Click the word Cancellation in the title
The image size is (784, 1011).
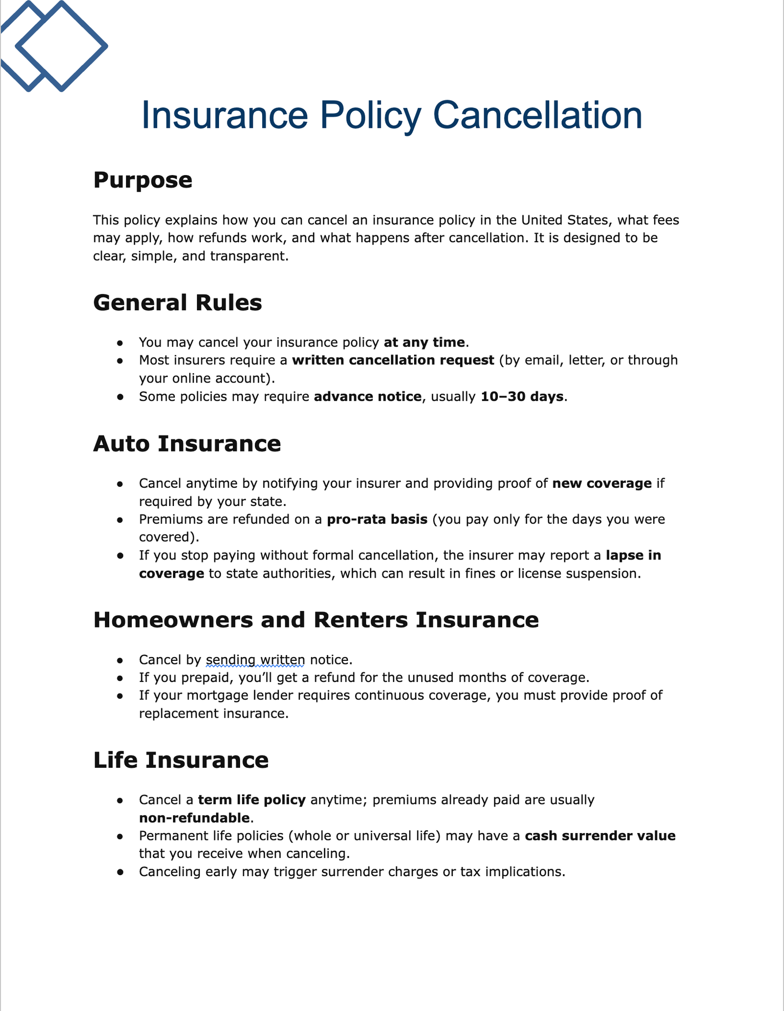coord(538,116)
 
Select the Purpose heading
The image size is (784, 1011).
coord(143,180)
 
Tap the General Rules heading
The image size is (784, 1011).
coord(177,303)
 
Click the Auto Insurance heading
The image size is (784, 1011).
coord(187,444)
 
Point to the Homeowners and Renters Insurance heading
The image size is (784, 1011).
coord(316,620)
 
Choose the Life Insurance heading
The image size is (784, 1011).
coord(181,760)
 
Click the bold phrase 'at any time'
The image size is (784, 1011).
coord(424,342)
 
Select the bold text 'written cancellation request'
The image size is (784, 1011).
coord(393,360)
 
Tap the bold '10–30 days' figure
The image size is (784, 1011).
coord(522,397)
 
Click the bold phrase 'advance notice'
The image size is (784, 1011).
coord(367,397)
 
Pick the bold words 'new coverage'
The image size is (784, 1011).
coord(602,484)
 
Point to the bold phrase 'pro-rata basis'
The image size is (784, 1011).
coord(377,519)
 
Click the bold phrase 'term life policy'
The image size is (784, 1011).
coord(252,800)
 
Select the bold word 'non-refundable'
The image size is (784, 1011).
coord(195,818)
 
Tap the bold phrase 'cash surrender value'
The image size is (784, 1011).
coord(600,836)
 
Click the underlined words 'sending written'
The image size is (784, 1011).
coord(255,660)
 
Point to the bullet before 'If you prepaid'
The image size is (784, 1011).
coord(120,679)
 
